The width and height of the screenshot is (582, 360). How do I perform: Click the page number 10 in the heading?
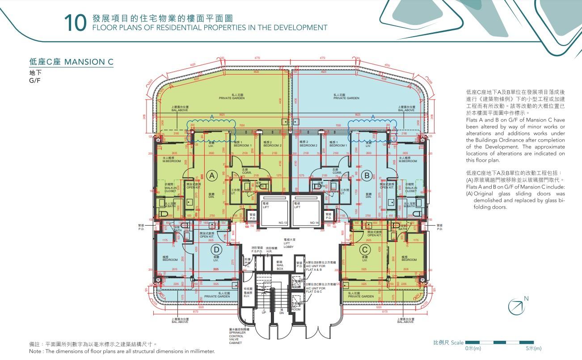tap(75, 23)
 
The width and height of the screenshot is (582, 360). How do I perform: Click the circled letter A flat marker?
tap(213, 176)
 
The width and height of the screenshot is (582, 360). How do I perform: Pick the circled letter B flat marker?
tap(367, 176)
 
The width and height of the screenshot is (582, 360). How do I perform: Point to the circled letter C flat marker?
tap(365, 250)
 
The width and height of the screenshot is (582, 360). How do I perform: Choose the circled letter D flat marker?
tap(216, 250)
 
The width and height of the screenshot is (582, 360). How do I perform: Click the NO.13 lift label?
tap(282, 222)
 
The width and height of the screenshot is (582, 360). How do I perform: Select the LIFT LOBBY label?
tap(290, 243)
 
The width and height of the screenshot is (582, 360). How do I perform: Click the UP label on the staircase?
tap(264, 311)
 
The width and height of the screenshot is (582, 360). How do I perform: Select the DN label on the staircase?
tap(282, 311)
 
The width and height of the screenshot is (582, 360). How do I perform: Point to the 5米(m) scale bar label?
tap(534, 348)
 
